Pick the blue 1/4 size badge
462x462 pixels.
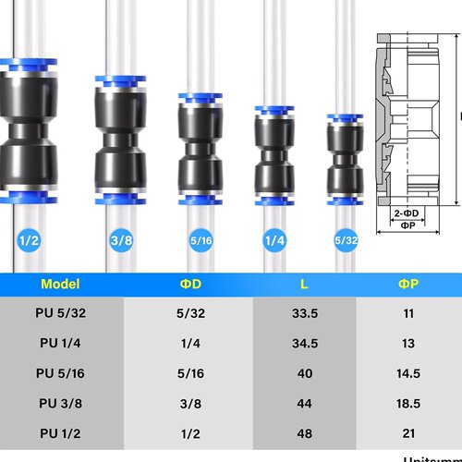[274, 241]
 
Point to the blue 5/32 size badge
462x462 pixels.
[345, 241]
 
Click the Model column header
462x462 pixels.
[61, 285]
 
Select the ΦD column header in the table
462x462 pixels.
[190, 285]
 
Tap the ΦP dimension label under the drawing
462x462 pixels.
[407, 225]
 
